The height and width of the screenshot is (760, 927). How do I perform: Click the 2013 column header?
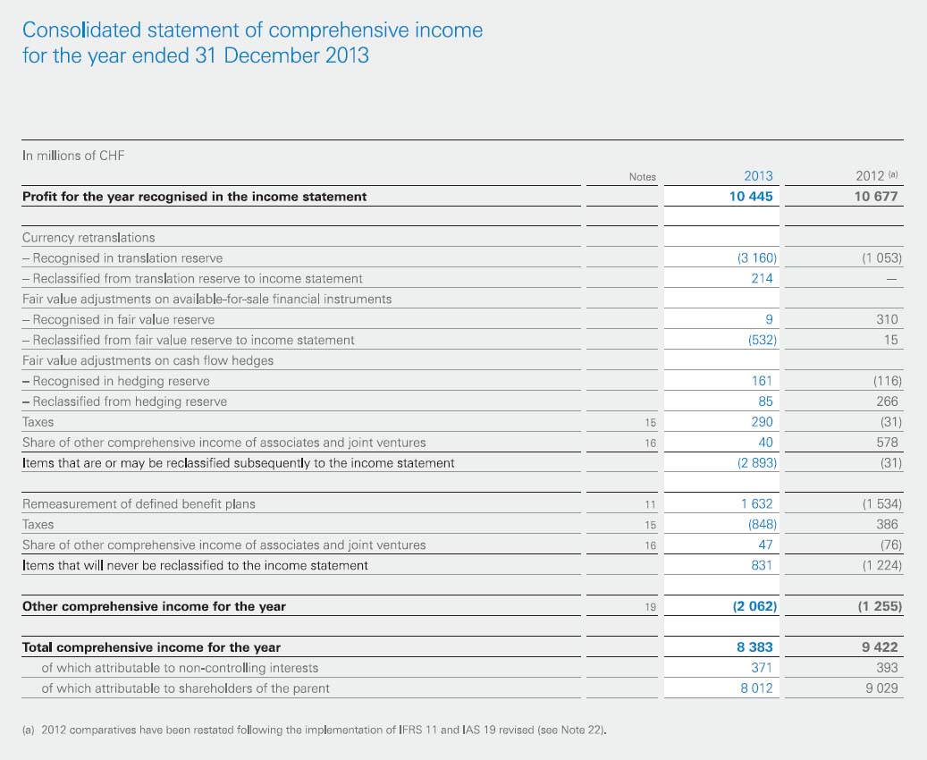click(758, 175)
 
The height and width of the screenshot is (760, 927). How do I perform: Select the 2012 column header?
click(870, 175)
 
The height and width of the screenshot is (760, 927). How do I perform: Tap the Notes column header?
click(643, 177)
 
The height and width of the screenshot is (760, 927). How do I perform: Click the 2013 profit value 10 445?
click(751, 197)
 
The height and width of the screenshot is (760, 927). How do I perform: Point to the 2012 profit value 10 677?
click(875, 197)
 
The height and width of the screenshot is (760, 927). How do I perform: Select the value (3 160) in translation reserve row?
click(757, 258)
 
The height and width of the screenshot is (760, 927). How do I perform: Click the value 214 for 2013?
click(762, 278)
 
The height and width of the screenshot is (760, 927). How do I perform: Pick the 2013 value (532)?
click(763, 340)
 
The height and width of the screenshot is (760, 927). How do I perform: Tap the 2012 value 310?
click(887, 319)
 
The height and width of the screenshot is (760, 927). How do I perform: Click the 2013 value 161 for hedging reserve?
click(762, 381)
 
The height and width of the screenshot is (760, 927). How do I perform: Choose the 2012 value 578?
click(887, 443)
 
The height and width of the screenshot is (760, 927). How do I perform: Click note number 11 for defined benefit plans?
click(650, 504)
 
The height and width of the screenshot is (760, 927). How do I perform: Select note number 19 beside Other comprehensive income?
click(650, 607)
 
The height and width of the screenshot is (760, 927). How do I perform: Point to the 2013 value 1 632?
click(757, 504)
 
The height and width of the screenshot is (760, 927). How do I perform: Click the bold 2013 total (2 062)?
click(755, 606)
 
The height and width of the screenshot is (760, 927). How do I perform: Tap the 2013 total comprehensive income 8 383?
click(755, 647)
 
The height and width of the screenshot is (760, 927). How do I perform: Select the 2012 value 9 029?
click(881, 688)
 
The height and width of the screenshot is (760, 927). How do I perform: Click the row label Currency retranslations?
click(88, 238)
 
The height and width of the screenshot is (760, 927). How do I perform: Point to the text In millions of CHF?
click(73, 156)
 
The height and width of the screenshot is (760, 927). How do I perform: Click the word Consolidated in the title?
click(81, 30)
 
